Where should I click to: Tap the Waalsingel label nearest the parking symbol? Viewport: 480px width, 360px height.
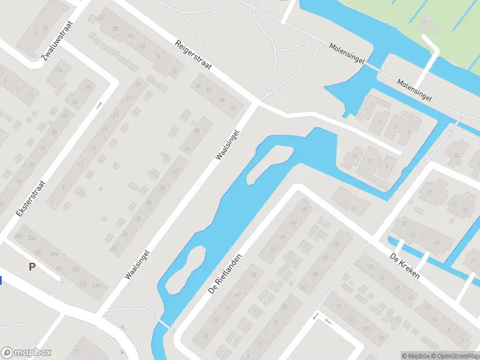point(137,265)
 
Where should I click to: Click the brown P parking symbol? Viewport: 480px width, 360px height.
point(32,266)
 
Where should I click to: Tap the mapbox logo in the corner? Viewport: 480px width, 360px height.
point(26,353)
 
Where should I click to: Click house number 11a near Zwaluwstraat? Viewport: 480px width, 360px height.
point(59,70)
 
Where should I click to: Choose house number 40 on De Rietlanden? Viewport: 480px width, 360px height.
point(305,209)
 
